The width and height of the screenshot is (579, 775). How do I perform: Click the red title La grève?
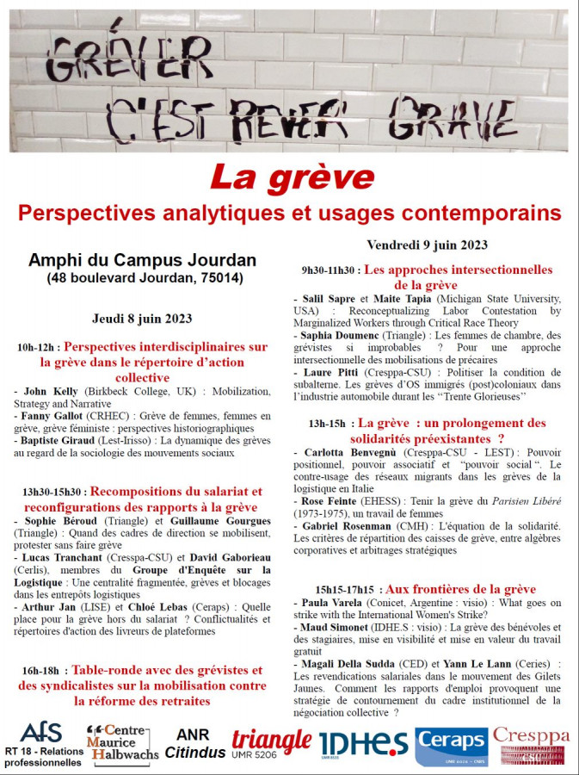293,177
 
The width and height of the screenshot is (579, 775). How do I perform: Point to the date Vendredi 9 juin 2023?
427,245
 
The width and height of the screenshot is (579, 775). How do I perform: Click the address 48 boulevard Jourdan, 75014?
144,278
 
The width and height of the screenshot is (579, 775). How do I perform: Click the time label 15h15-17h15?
347,590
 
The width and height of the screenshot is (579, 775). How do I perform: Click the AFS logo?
41,733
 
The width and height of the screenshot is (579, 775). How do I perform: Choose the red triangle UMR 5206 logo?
271,742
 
